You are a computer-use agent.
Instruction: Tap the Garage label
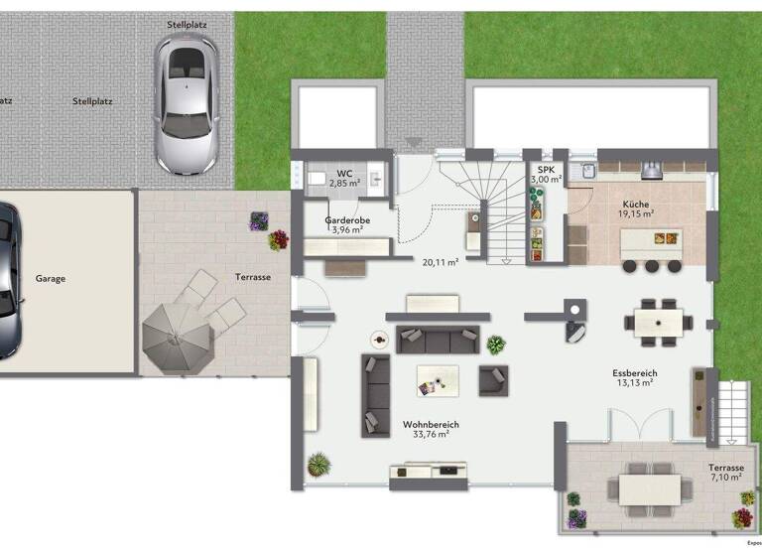(50, 279)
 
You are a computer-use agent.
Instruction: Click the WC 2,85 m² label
(344, 179)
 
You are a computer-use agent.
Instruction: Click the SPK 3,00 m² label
(546, 175)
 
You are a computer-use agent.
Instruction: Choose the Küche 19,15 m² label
(636, 207)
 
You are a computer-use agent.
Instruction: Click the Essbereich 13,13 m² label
(635, 378)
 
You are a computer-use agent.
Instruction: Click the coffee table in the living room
(438, 379)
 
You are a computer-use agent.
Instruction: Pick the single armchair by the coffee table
(493, 379)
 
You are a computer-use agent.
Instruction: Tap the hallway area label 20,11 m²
(440, 263)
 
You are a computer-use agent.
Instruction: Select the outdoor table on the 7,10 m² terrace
(650, 488)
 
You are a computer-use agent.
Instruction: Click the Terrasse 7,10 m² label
(725, 472)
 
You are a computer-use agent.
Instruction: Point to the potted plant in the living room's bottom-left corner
(318, 464)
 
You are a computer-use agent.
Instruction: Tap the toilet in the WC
(317, 180)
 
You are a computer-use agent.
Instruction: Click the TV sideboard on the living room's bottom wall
(430, 472)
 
